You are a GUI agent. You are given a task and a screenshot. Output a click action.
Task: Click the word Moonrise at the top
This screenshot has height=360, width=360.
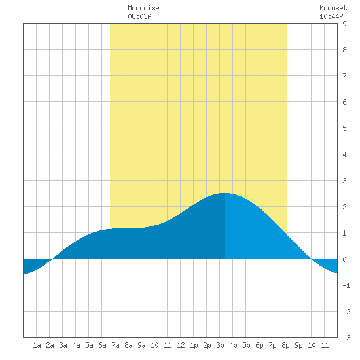[x=143, y=8]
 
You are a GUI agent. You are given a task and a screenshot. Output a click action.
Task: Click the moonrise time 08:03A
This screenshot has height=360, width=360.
[x=139, y=16]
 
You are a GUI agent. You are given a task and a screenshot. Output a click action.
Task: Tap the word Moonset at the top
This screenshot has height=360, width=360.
[x=333, y=8]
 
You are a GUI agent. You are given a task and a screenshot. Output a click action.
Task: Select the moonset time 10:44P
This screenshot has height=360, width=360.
[x=331, y=16]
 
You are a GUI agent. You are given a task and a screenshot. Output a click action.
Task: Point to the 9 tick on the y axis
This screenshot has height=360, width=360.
[x=344, y=24]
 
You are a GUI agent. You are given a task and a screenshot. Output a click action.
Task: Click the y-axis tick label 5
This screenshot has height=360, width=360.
[x=344, y=128]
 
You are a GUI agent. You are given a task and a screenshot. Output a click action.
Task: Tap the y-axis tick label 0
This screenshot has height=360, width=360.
[x=344, y=259]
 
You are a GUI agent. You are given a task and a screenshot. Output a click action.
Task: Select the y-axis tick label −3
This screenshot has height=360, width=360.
[x=346, y=338]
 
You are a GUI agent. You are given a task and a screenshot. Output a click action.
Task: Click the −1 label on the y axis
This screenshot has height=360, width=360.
[x=346, y=285]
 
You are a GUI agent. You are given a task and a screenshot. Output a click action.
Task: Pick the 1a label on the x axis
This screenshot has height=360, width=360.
[x=37, y=345]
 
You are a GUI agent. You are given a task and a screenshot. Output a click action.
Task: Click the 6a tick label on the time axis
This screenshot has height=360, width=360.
[x=102, y=345]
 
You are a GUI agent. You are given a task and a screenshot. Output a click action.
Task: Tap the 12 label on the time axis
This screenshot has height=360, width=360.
[x=181, y=345]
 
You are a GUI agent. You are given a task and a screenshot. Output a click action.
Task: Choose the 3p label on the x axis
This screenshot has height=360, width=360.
[x=220, y=345]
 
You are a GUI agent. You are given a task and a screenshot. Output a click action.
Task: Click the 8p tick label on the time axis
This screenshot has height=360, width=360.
[x=285, y=345]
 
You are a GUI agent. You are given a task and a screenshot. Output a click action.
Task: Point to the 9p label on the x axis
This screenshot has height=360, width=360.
[x=298, y=345]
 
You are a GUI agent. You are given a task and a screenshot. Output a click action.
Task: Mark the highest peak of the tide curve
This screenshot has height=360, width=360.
[x=225, y=193]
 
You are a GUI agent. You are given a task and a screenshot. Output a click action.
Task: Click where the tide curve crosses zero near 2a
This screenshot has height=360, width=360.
[x=52, y=259]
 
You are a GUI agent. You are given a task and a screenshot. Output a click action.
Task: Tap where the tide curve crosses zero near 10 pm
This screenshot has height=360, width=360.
[x=312, y=259]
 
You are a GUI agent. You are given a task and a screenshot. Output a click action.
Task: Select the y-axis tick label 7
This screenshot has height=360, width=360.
[x=344, y=76]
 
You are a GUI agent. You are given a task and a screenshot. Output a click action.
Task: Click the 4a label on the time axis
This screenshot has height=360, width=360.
[x=76, y=345]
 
